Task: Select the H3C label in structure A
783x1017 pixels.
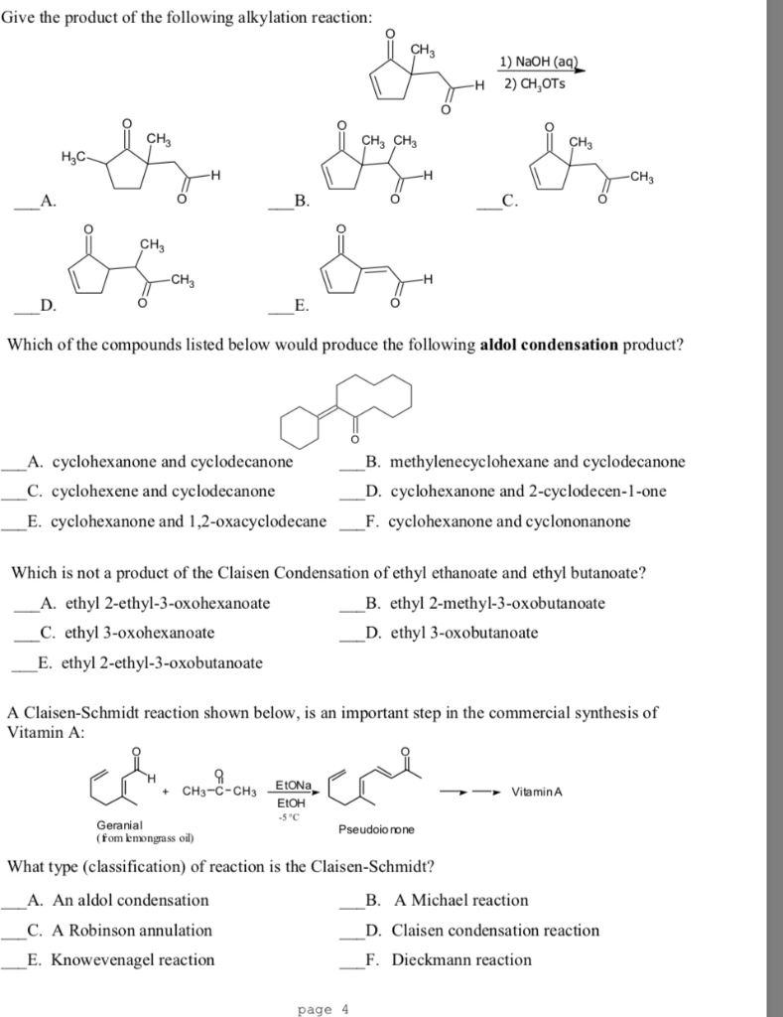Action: click(74, 158)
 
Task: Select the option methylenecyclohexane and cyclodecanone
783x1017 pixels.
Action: click(537, 462)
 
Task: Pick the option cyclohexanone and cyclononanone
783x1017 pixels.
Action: click(509, 520)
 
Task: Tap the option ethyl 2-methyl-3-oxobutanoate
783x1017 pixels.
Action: click(498, 603)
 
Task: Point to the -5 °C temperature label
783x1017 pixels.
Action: click(291, 816)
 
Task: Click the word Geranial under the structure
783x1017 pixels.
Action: click(119, 825)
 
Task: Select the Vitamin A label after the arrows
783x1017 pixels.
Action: click(537, 793)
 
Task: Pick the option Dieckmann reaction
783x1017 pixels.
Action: click(461, 959)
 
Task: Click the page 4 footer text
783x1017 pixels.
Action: click(324, 1009)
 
